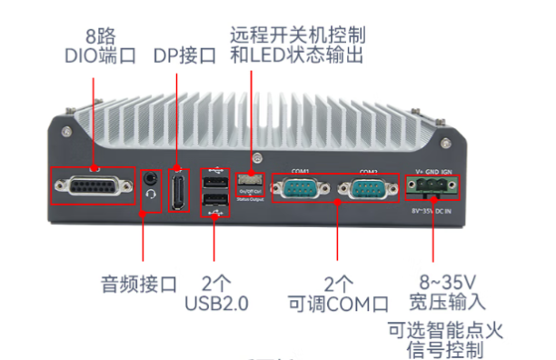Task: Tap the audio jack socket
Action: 152,178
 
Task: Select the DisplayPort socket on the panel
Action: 180,190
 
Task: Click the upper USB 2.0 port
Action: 215,182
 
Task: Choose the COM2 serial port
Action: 367,190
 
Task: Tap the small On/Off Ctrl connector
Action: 250,179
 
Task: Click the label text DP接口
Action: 184,55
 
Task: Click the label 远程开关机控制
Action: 297,35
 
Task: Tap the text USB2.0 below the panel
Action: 216,301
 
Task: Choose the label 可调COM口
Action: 337,301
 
